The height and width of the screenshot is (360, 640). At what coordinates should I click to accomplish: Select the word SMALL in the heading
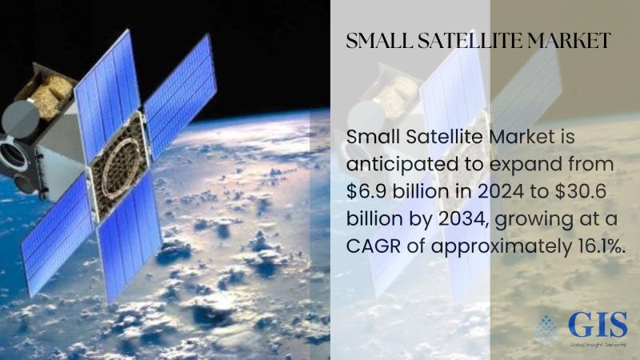coord(379,41)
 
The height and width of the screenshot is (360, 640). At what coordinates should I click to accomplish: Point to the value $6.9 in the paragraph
coord(366,191)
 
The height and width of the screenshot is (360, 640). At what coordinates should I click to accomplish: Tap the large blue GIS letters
coord(598,325)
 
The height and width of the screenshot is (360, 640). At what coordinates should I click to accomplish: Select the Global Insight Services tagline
coord(598,345)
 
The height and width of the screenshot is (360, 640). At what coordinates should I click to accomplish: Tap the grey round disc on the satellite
coord(20,119)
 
